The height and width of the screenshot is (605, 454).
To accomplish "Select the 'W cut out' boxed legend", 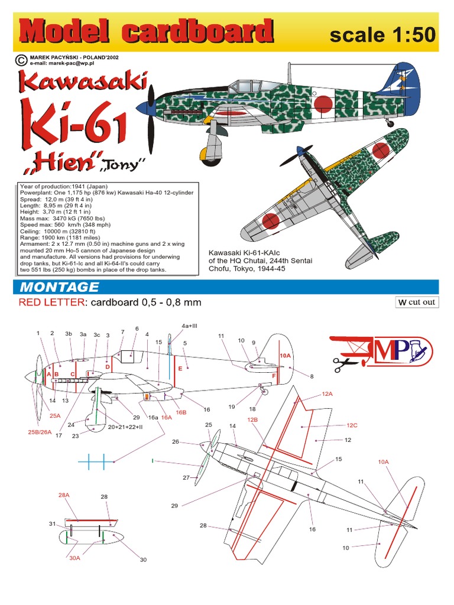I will coord(417,302).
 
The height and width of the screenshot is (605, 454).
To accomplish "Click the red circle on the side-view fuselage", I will coord(323,105).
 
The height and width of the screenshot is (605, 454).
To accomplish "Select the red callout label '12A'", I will coord(327,393).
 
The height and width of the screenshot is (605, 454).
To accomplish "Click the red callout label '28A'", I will coord(64,495).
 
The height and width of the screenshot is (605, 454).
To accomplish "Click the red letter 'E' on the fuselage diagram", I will coord(180,368).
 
